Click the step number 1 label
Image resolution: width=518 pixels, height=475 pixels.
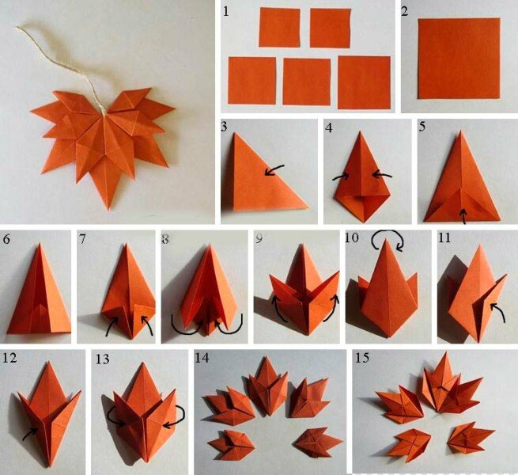pyautogui.click(x=226, y=11)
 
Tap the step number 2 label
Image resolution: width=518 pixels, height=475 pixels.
pyautogui.click(x=405, y=11)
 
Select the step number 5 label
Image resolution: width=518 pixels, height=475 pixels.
pyautogui.click(x=422, y=127)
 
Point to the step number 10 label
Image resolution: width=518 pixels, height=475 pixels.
pyautogui.click(x=352, y=237)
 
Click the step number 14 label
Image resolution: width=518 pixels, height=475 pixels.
pyautogui.click(x=202, y=358)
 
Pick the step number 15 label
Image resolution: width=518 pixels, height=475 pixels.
pyautogui.click(x=362, y=358)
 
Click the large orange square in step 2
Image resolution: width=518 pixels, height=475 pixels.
pyautogui.click(x=459, y=59)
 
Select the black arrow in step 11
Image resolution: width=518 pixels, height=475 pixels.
pyautogui.click(x=498, y=312)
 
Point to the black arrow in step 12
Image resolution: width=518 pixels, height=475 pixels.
pyautogui.click(x=30, y=433)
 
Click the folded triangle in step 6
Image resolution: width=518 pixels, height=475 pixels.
pyautogui.click(x=39, y=294)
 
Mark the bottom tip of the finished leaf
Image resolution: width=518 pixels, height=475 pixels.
pyautogui.click(x=108, y=210)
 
